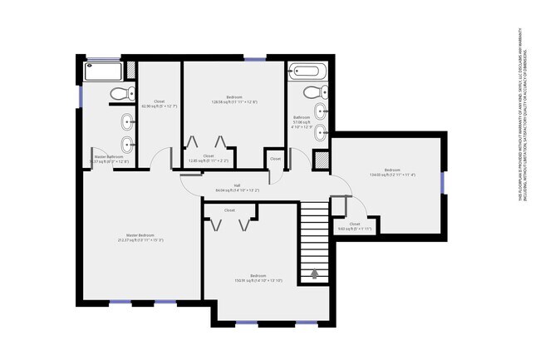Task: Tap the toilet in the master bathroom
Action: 118,93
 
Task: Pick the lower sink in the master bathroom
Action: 127,151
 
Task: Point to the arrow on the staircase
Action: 315,272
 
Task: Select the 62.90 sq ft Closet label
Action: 159,104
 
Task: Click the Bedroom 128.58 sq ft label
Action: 235,100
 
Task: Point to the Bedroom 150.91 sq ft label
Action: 258,279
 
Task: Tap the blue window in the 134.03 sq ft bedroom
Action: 443,181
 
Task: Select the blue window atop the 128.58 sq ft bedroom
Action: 255,58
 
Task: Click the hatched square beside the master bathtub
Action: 129,71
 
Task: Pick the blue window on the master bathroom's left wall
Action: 81,96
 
